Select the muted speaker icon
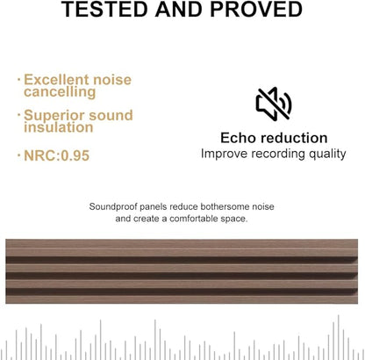[x=273, y=104]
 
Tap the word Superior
[x=53, y=116]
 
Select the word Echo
[x=238, y=138]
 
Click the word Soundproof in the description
[x=114, y=206]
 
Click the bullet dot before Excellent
[x=19, y=80]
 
